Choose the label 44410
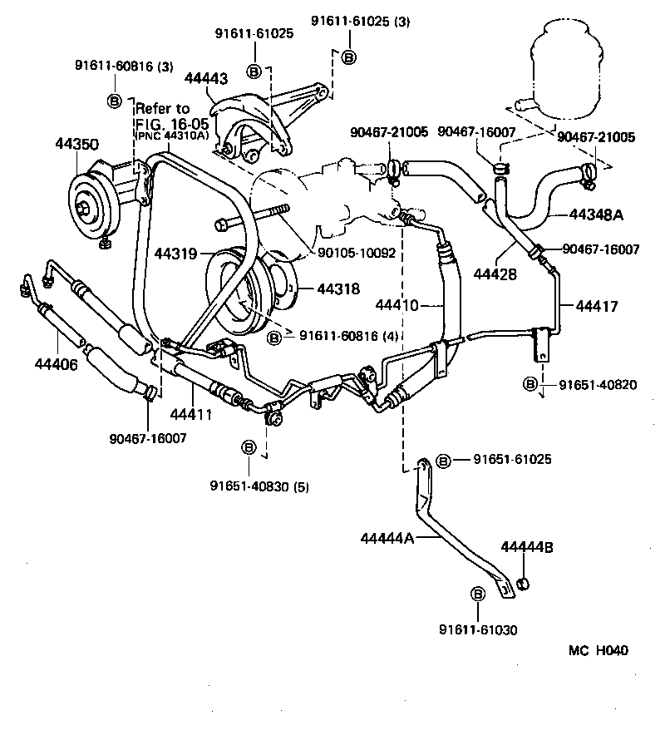[x=397, y=305]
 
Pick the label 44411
[x=193, y=413]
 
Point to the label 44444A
[x=387, y=539]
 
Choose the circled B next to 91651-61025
[x=443, y=460]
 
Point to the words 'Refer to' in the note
[x=162, y=109]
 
